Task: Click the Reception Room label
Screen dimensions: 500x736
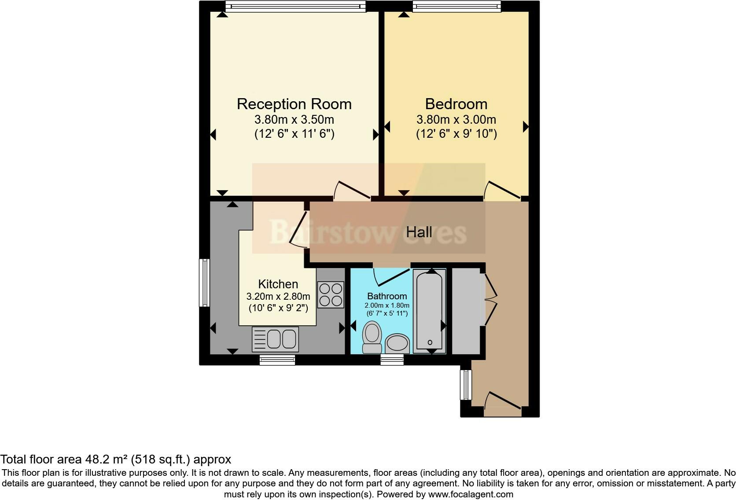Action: tap(294, 104)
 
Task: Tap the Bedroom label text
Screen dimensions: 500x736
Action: tap(456, 104)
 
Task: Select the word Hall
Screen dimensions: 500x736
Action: tap(419, 232)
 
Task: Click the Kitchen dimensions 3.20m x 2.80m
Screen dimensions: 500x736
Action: tap(278, 296)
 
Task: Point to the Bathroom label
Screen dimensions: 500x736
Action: tap(387, 296)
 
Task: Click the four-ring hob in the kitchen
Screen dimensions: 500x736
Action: tap(331, 294)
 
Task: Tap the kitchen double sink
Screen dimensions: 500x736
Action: tap(275, 339)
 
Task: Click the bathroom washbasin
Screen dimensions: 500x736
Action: tap(397, 343)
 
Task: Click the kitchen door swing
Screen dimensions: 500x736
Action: tap(299, 229)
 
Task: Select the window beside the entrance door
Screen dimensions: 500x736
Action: tap(466, 385)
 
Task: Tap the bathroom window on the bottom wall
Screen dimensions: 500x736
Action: tap(392, 360)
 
